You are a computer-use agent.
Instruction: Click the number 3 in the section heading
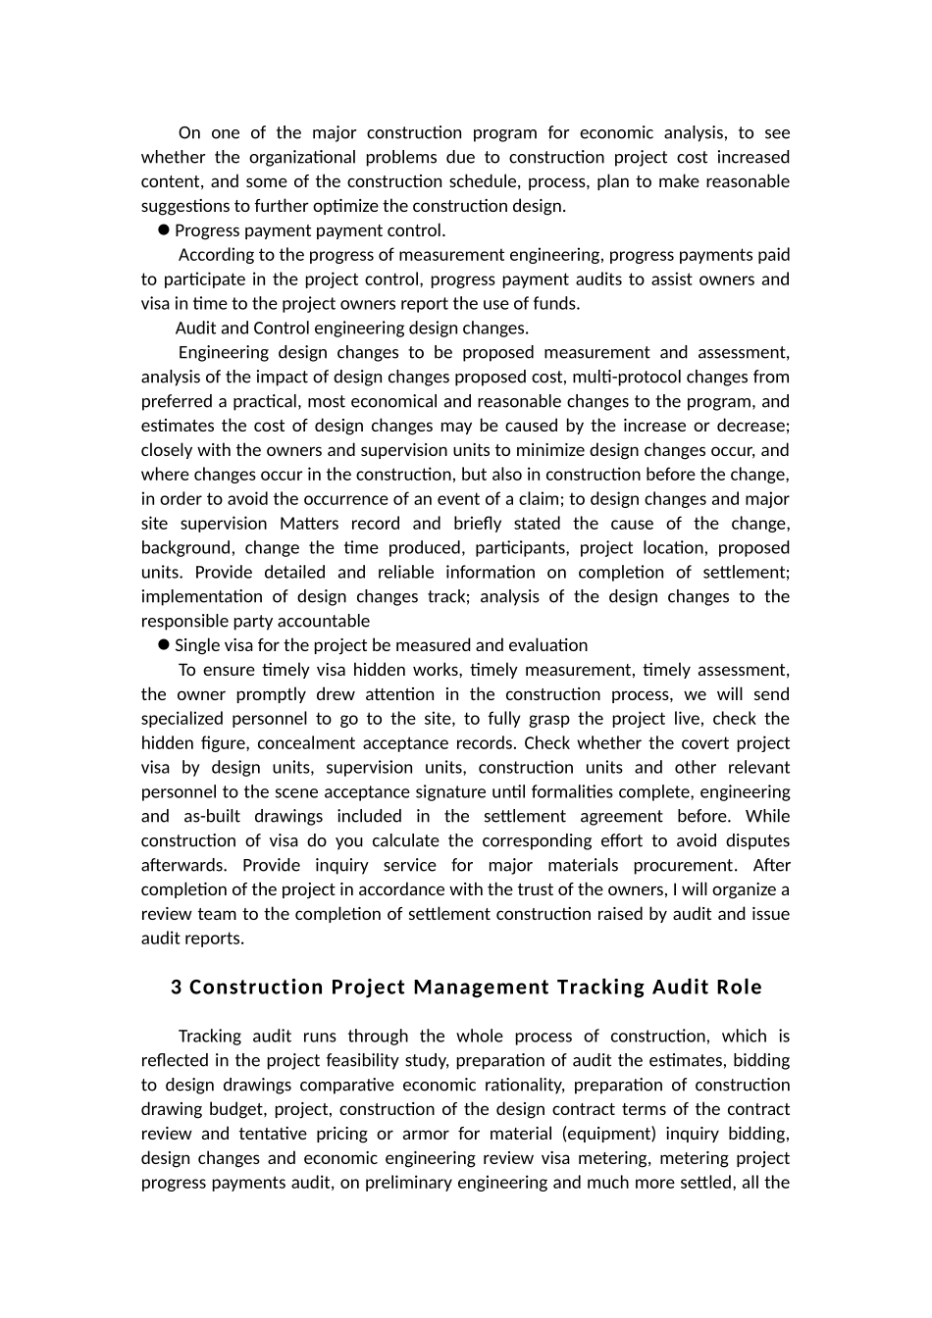click(177, 988)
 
